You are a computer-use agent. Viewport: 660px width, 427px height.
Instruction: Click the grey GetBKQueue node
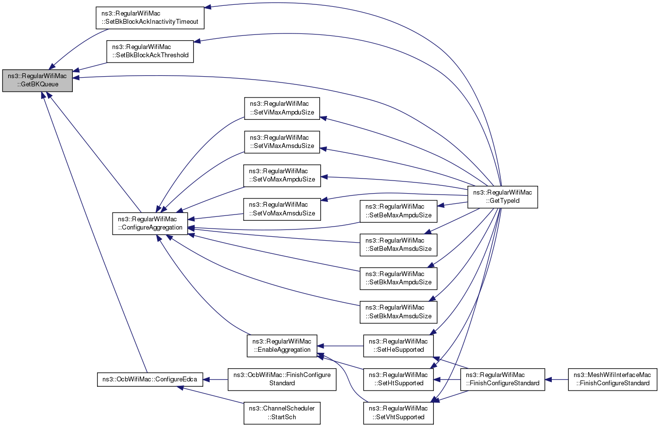coord(37,81)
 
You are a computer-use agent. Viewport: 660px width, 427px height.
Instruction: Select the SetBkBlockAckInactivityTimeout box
coord(150,17)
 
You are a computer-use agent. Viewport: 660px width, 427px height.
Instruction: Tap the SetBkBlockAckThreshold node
coord(150,51)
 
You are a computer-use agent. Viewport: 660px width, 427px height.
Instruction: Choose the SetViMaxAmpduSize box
coord(282,108)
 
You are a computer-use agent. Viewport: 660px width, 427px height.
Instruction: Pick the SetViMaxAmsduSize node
coord(282,142)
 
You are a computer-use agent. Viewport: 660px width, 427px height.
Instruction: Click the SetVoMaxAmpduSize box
coord(282,176)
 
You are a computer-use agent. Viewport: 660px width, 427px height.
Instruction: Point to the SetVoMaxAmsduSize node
coord(282,209)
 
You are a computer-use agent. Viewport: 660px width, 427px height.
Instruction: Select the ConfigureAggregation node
coord(150,224)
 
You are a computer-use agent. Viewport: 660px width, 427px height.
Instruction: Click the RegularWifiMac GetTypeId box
coord(503,197)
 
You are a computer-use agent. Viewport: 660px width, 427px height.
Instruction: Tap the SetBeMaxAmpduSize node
coord(398,211)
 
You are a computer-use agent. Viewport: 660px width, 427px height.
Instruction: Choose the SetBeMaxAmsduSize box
coord(398,245)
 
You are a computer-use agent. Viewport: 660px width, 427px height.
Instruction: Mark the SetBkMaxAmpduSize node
coord(398,279)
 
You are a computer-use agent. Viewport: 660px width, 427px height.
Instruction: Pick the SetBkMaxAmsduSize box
coord(398,312)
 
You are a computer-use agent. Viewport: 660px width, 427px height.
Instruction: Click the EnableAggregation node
coord(282,345)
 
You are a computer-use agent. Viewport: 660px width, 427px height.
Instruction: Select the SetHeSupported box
coord(398,345)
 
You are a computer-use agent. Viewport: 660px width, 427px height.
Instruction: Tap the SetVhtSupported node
coord(398,413)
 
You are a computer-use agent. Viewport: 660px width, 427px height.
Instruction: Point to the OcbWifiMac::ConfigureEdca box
coord(150,379)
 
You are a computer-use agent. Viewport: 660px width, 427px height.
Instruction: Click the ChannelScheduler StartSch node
coord(282,413)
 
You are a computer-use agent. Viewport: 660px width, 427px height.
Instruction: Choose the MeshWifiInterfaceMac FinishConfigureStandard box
coord(612,379)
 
